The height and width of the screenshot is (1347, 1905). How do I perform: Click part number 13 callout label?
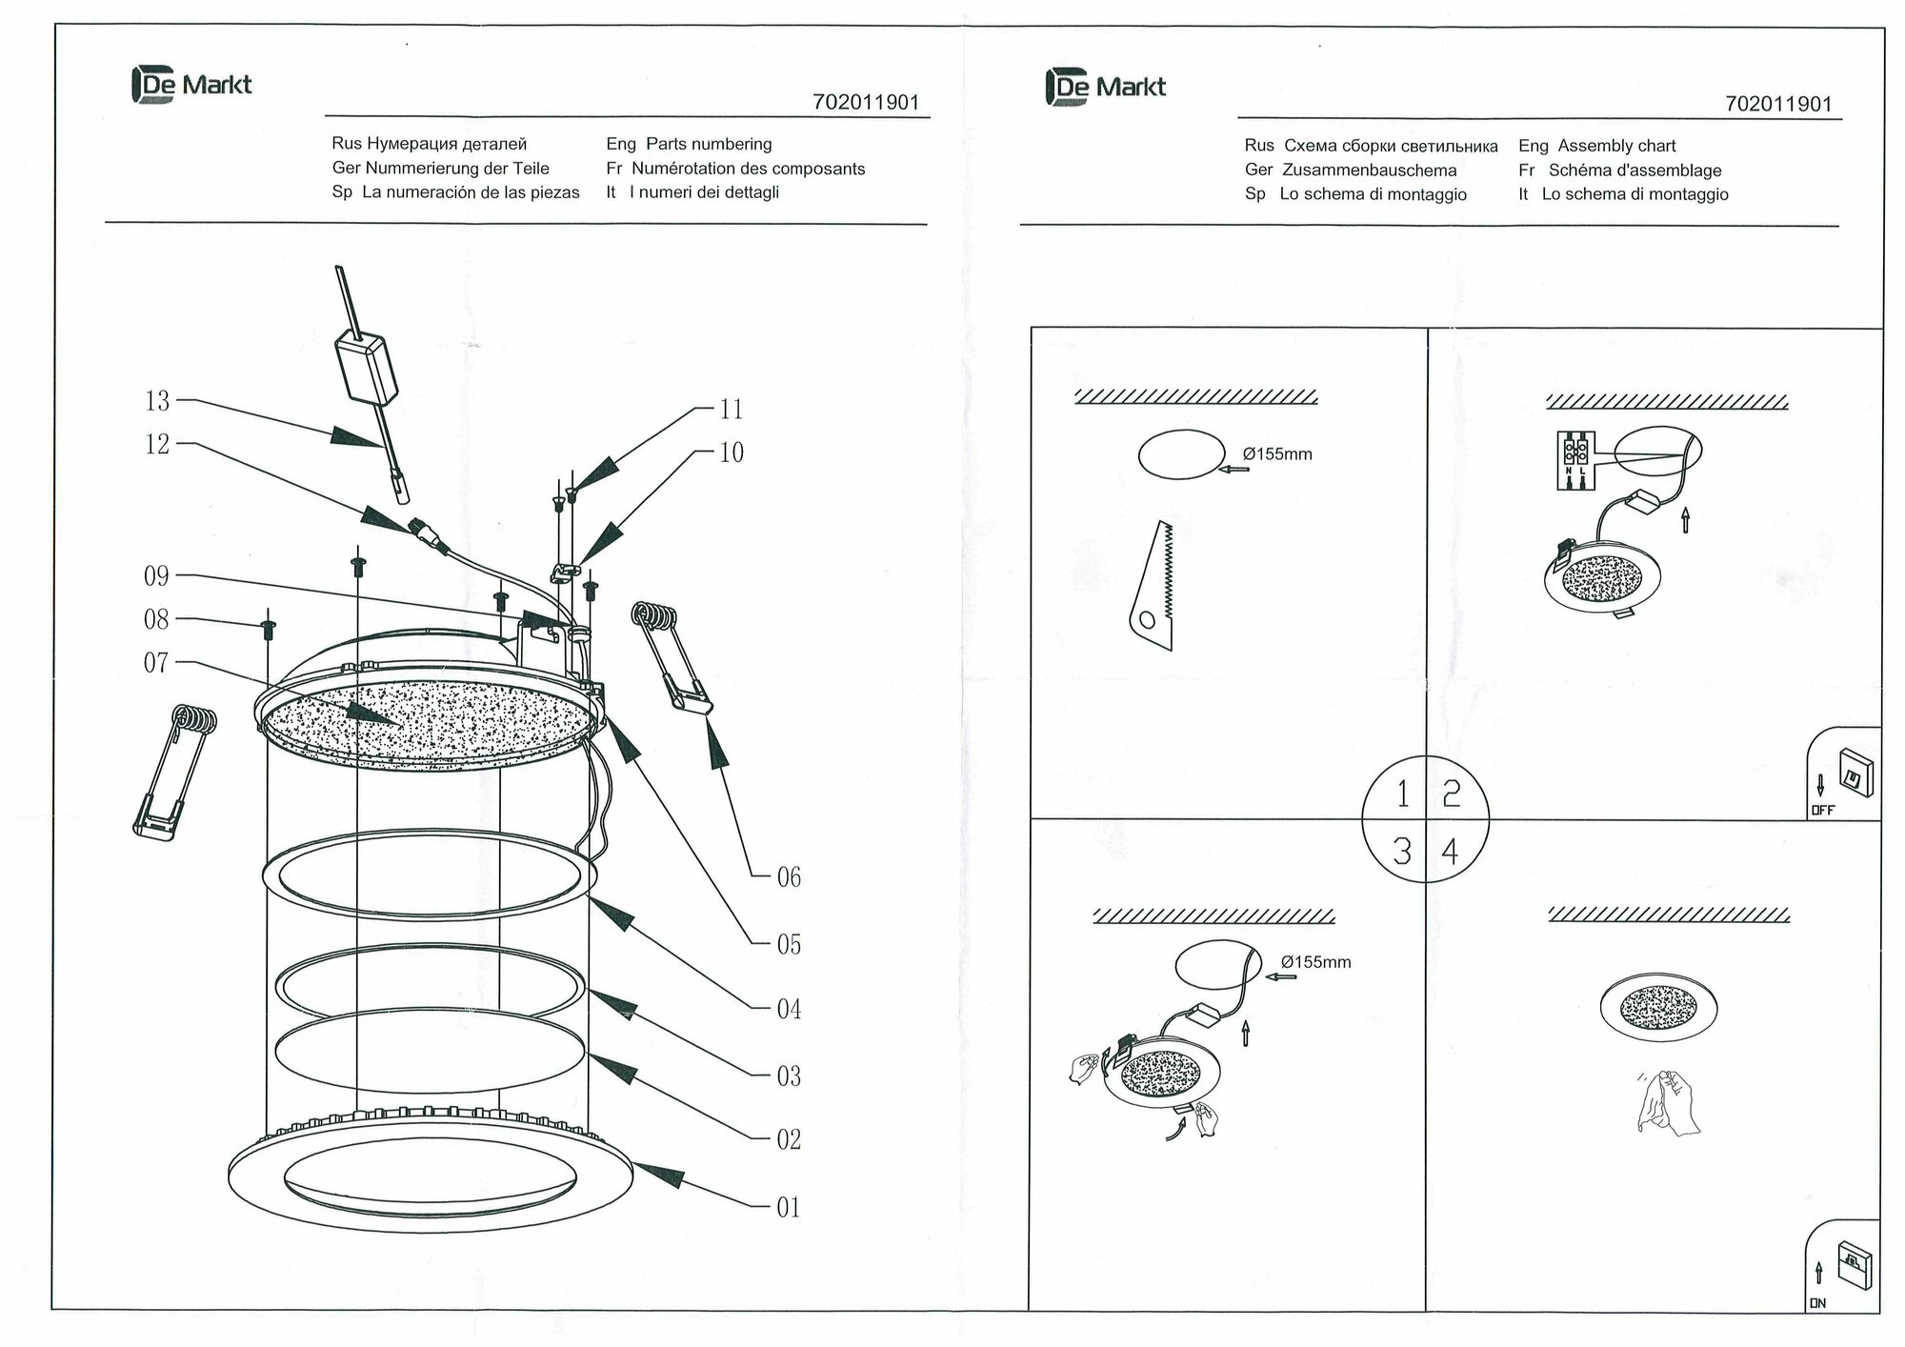[157, 401]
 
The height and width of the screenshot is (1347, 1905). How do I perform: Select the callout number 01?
[789, 1208]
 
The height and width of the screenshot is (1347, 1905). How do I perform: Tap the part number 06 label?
[789, 877]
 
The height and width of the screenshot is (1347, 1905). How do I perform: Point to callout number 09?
[156, 576]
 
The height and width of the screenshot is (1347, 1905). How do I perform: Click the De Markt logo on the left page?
[191, 85]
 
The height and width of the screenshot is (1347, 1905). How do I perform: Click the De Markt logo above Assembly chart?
[1105, 87]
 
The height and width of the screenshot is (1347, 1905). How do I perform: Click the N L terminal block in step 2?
[1575, 462]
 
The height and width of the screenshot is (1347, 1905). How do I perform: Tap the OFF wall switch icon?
[1855, 774]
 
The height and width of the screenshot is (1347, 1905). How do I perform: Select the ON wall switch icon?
[1854, 1266]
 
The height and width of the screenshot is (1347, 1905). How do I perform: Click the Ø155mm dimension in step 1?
[1277, 454]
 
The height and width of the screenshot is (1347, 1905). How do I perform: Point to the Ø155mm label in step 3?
[1315, 962]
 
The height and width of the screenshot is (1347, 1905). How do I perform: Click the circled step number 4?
[1450, 851]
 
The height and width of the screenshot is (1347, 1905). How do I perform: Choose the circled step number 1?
[1402, 794]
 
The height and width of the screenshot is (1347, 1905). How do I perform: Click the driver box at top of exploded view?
[365, 368]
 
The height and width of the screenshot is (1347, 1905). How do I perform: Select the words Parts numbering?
[709, 144]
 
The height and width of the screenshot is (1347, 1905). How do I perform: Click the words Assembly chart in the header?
[1616, 146]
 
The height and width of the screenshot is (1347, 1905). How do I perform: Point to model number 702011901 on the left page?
[866, 103]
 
